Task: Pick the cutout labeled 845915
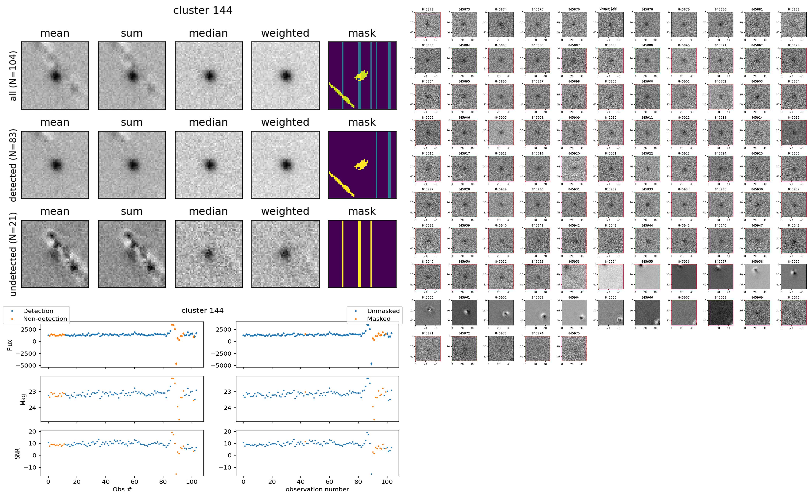click(x=793, y=133)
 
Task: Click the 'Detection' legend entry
click(x=38, y=311)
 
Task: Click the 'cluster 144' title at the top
click(x=203, y=10)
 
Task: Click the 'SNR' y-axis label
click(x=17, y=454)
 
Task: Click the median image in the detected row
click(x=209, y=165)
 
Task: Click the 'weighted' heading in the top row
click(x=285, y=33)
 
